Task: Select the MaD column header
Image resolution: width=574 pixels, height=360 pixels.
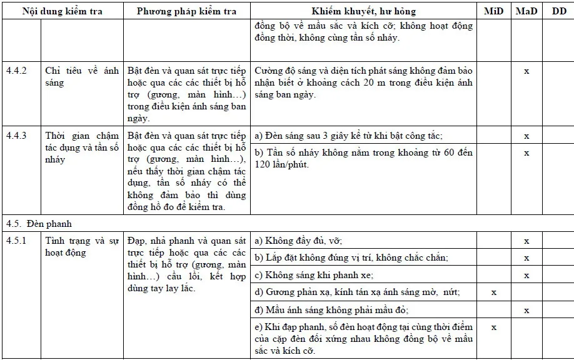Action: tap(526, 11)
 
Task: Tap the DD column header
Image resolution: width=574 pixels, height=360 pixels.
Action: tap(558, 11)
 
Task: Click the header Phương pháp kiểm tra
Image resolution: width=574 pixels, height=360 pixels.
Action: tap(186, 11)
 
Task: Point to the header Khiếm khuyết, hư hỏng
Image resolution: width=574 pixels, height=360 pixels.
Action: tap(363, 11)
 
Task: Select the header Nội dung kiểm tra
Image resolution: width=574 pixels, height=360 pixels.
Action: tap(62, 11)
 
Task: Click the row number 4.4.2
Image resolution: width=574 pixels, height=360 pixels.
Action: tap(16, 71)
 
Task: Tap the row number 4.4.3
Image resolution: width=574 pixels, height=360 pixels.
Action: tap(16, 136)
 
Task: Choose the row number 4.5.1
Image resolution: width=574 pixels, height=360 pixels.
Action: tap(16, 241)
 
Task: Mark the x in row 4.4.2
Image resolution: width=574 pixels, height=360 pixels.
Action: tap(526, 71)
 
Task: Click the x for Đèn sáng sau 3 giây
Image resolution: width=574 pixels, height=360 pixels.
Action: tap(526, 136)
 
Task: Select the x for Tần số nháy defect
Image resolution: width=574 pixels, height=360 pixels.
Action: tap(526, 152)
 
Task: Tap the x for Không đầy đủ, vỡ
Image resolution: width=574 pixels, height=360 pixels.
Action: tap(526, 241)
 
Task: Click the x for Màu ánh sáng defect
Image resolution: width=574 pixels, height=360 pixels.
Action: tap(526, 310)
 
